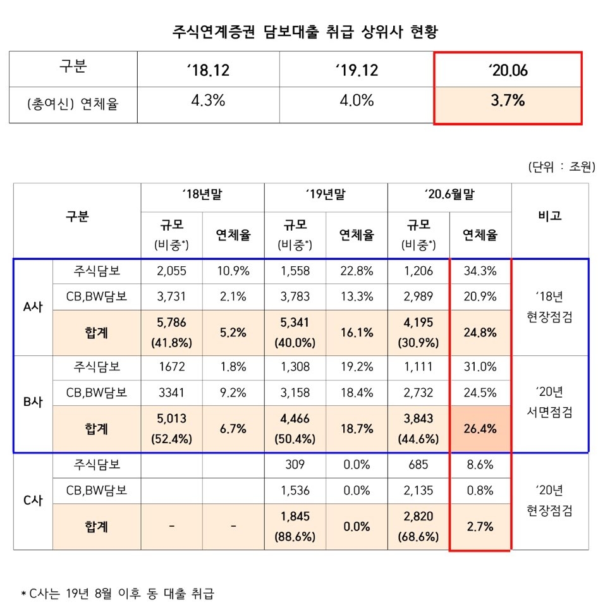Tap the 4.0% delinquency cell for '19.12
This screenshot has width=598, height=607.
click(x=358, y=101)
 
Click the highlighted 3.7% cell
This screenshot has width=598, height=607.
click(x=507, y=101)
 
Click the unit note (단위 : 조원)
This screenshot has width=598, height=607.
click(x=559, y=168)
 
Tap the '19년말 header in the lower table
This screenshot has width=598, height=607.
click(x=325, y=196)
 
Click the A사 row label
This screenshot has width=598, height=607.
click(x=34, y=308)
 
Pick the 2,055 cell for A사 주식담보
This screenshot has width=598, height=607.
click(x=171, y=271)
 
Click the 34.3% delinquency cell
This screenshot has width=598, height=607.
click(x=480, y=271)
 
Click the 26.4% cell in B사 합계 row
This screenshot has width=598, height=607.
click(x=480, y=429)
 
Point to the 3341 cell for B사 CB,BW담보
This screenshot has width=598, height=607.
click(x=171, y=393)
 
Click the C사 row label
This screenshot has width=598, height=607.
click(x=34, y=501)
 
